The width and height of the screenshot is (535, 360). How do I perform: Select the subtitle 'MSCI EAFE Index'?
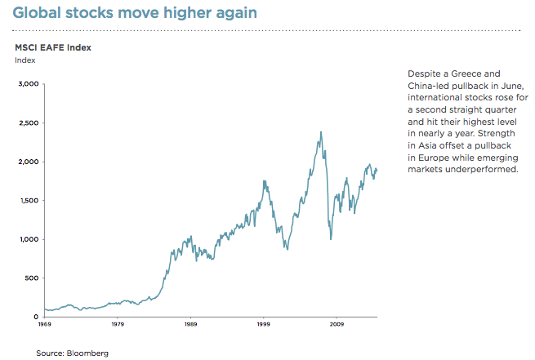[52, 47]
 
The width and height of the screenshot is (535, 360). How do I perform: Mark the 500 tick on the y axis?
[30, 278]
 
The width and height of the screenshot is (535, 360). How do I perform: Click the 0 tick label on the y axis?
[36, 317]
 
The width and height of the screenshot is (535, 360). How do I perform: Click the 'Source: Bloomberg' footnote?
[72, 353]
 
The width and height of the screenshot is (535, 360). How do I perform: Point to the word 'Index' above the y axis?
[25, 60]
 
